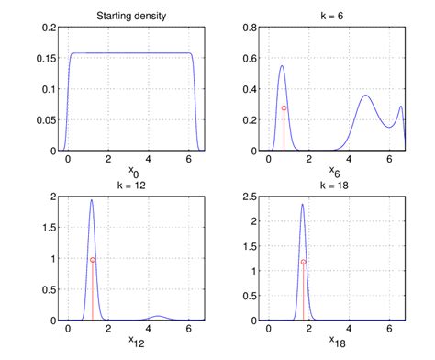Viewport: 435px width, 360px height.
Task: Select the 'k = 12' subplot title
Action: click(128, 184)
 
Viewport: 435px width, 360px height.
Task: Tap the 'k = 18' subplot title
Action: click(335, 184)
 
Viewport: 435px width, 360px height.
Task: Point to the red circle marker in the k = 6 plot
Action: click(284, 108)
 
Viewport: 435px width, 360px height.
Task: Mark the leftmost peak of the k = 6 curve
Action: click(282, 66)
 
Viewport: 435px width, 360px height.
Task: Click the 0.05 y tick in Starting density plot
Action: click(45, 120)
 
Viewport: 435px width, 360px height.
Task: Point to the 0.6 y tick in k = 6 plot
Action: click(249, 59)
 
